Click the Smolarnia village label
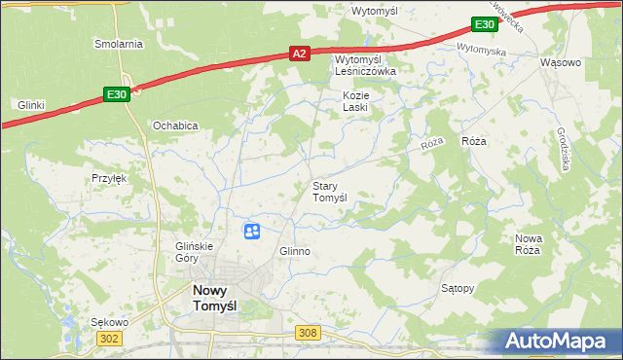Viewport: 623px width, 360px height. (x=119, y=44)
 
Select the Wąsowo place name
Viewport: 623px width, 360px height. (x=560, y=62)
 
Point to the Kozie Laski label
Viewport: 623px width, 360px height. (x=354, y=101)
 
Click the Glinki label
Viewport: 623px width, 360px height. (x=32, y=104)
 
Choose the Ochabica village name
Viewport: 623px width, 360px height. (x=175, y=126)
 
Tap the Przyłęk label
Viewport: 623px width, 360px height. (x=110, y=178)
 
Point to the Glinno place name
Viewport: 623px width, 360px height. (x=294, y=251)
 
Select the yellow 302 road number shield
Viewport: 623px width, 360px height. (x=109, y=337)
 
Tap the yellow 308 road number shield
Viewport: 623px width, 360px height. (x=308, y=333)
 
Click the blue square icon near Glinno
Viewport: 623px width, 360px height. (x=251, y=231)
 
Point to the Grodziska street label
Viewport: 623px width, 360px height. (x=565, y=152)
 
